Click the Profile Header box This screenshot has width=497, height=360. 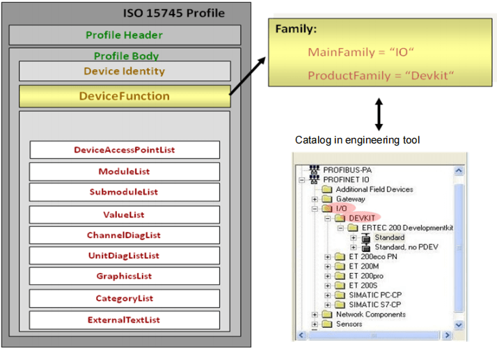point(125,35)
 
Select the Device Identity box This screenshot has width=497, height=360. point(125,71)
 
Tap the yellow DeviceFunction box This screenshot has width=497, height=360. point(125,96)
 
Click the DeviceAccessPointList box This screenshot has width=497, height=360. point(125,150)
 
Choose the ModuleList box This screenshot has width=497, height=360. point(125,171)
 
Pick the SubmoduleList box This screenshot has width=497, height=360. point(125,192)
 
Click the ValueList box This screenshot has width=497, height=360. point(125,214)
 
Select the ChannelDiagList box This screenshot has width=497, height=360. point(125,235)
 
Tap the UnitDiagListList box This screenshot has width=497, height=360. point(125,256)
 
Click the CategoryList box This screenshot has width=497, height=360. point(125,299)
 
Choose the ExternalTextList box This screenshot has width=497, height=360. point(125,320)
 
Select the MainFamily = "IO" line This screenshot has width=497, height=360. point(352,53)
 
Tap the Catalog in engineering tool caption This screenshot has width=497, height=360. point(357,140)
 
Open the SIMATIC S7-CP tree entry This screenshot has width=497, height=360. point(374,304)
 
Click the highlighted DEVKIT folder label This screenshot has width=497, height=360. point(363,219)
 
